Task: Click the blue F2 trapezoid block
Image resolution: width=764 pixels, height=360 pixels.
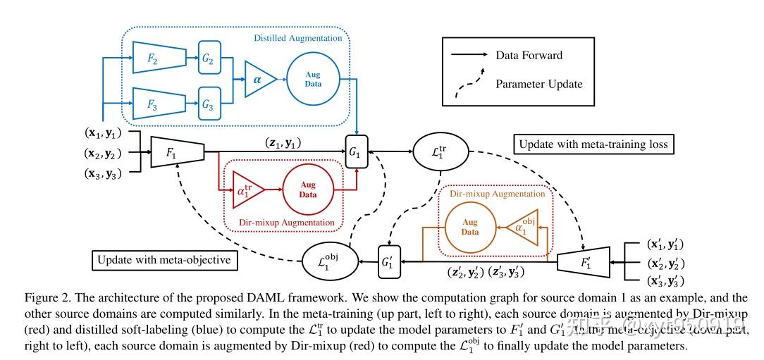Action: pos(159,58)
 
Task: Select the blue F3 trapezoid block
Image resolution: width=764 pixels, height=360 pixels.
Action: pos(159,103)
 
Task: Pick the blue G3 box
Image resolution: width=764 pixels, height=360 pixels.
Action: pos(208,104)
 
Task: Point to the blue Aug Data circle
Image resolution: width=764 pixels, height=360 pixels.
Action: pos(313,80)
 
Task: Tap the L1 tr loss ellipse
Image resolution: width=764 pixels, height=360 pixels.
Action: pos(434,152)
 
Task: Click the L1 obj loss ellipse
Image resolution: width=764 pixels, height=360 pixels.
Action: pos(328,261)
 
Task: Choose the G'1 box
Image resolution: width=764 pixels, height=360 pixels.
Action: pos(389,261)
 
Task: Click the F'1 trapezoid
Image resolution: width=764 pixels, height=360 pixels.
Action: pos(584,261)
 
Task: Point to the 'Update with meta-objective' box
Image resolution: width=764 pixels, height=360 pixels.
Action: pos(164,260)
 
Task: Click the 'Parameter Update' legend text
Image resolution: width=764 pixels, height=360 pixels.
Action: pos(539,84)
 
